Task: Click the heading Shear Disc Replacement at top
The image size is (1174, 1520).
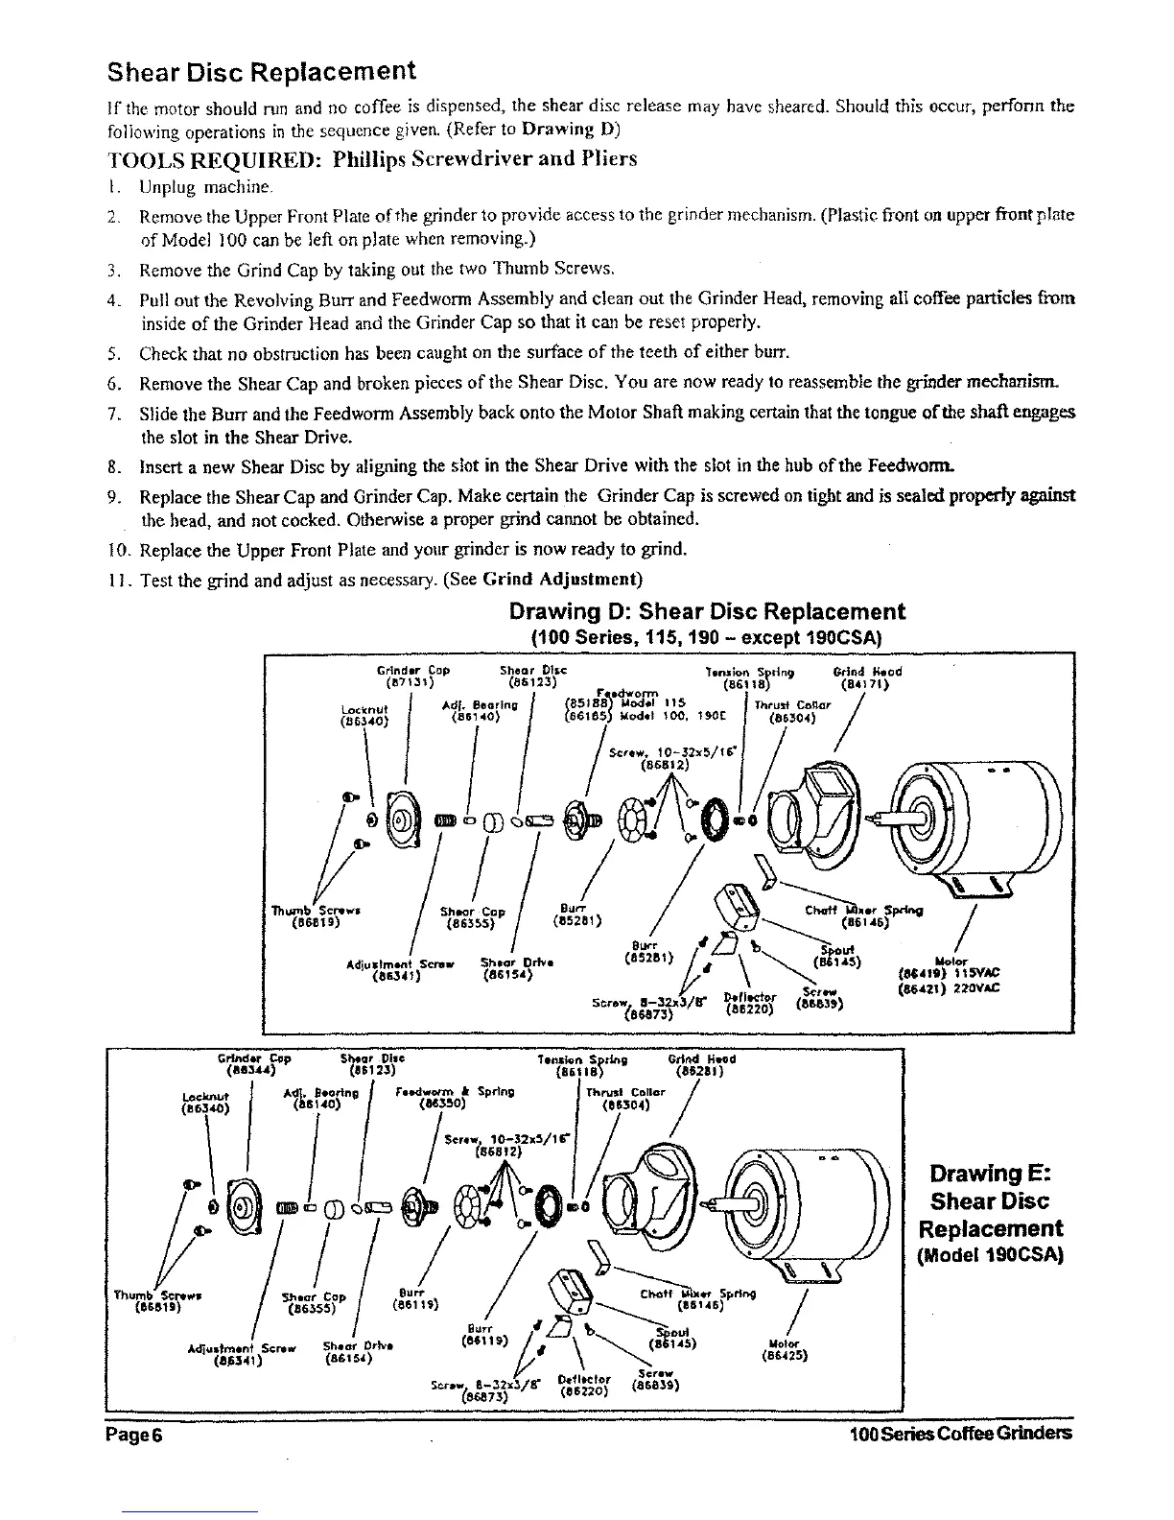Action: [261, 72]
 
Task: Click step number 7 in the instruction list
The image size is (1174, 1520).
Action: [114, 413]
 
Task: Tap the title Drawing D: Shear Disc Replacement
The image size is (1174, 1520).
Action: [707, 611]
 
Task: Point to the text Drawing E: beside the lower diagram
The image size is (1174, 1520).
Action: [990, 1174]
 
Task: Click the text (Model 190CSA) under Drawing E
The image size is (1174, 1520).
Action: [990, 1256]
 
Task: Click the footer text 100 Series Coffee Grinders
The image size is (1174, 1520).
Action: [960, 1435]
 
